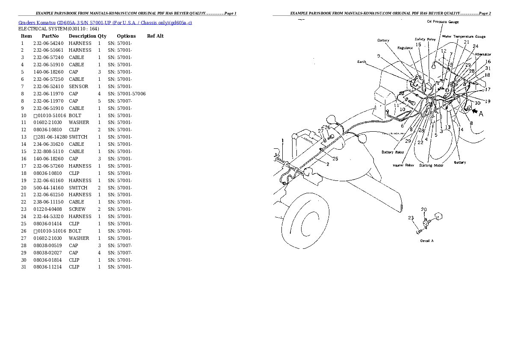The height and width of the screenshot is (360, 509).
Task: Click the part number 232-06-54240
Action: (x=48, y=43)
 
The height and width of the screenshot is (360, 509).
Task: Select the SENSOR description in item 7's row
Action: (x=78, y=86)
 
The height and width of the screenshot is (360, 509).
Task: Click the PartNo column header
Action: (x=50, y=36)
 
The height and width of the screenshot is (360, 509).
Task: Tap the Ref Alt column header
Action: (x=155, y=36)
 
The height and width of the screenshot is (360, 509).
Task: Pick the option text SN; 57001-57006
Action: (x=127, y=94)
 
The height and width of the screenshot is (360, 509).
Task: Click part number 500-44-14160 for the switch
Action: (x=48, y=188)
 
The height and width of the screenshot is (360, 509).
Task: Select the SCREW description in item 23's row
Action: (x=77, y=209)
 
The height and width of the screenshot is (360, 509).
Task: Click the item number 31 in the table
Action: (x=23, y=267)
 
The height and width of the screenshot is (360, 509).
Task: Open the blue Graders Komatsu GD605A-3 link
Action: (x=105, y=22)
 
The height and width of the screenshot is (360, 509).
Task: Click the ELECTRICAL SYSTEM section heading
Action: (x=59, y=29)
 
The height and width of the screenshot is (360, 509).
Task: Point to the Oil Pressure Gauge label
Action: (x=443, y=21)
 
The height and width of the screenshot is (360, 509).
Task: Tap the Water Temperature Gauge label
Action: (x=464, y=37)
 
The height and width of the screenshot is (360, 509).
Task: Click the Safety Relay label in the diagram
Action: (x=425, y=39)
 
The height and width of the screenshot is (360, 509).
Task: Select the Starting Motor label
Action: (x=431, y=165)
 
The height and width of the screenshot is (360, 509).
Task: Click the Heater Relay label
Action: (x=403, y=165)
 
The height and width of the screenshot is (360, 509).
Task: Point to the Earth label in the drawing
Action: (x=362, y=62)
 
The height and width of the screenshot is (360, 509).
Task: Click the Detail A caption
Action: (x=426, y=241)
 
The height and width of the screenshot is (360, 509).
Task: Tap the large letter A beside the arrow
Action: (x=481, y=114)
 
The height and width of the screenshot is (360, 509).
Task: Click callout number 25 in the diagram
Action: (x=335, y=159)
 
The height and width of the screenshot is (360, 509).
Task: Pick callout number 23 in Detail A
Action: (x=411, y=218)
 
